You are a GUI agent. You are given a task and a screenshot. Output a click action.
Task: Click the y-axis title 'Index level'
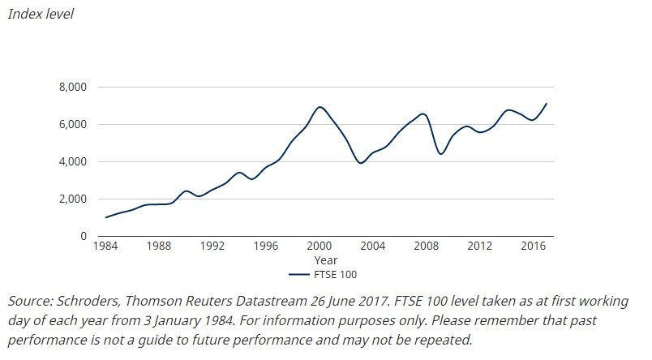tap(41, 15)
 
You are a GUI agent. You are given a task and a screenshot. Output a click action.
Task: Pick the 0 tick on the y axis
tap(84, 236)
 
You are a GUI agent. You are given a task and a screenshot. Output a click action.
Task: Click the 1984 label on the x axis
tap(106, 246)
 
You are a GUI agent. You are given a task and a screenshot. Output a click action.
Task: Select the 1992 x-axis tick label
tap(212, 246)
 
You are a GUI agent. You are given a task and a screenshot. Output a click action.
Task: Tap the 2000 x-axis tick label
tap(320, 246)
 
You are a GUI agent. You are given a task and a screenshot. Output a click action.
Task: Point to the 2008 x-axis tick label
tap(426, 246)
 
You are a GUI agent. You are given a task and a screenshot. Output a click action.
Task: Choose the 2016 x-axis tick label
tap(533, 246)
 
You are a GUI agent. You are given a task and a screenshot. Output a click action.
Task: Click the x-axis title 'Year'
tap(325, 260)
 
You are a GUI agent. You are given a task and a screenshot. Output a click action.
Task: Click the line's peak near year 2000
tap(320, 107)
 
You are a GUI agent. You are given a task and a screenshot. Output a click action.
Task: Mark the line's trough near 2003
tap(361, 163)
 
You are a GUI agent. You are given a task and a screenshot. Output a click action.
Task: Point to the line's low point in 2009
tap(440, 154)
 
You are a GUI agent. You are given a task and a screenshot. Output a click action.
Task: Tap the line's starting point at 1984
tap(106, 217)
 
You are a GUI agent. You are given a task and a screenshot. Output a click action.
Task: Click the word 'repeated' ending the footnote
tap(442, 339)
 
